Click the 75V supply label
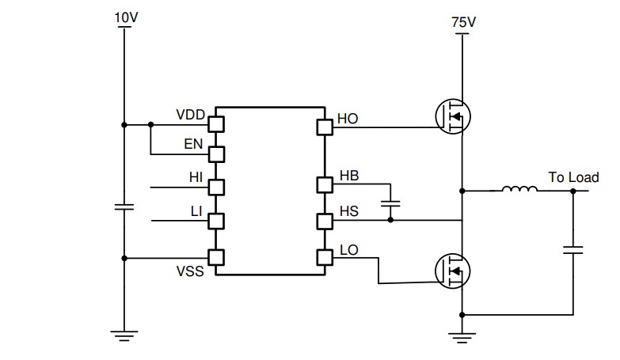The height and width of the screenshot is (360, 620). point(462,24)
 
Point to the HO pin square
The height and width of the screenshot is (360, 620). point(324,127)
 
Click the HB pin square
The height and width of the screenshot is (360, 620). point(324,184)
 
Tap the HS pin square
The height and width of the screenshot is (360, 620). point(324,220)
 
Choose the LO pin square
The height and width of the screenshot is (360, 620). point(324,257)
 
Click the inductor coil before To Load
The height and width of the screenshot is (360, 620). point(519,189)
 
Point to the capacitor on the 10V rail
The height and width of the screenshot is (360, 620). point(124,207)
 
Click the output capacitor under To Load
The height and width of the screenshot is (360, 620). point(572,250)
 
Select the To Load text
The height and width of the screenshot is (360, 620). point(573,177)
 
